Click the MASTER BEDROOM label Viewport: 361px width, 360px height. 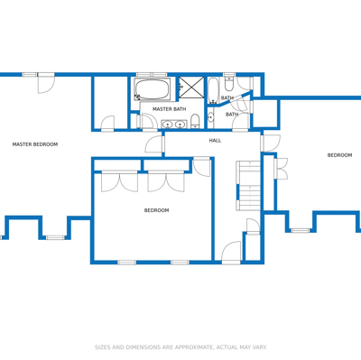(35, 144)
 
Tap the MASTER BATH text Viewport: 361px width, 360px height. (169, 109)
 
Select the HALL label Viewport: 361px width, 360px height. (215, 141)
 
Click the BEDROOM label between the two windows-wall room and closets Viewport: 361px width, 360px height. (156, 210)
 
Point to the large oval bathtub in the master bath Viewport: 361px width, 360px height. (152, 89)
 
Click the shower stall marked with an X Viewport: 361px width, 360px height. (191, 88)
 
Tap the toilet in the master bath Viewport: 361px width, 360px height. (195, 121)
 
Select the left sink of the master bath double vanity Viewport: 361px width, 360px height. (166, 124)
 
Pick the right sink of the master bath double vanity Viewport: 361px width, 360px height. (180, 124)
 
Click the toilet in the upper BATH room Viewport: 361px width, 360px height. (229, 82)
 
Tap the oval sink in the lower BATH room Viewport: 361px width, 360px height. (211, 117)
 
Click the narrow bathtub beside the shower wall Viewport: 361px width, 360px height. (213, 90)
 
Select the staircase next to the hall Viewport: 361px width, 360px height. (248, 186)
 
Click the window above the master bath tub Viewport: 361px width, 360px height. (152, 74)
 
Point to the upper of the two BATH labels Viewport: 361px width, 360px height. (227, 98)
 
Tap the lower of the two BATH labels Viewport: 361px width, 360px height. (232, 115)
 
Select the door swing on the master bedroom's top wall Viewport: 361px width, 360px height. (46, 83)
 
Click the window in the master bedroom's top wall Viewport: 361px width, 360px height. (30, 74)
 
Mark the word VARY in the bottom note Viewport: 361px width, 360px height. (260, 347)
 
